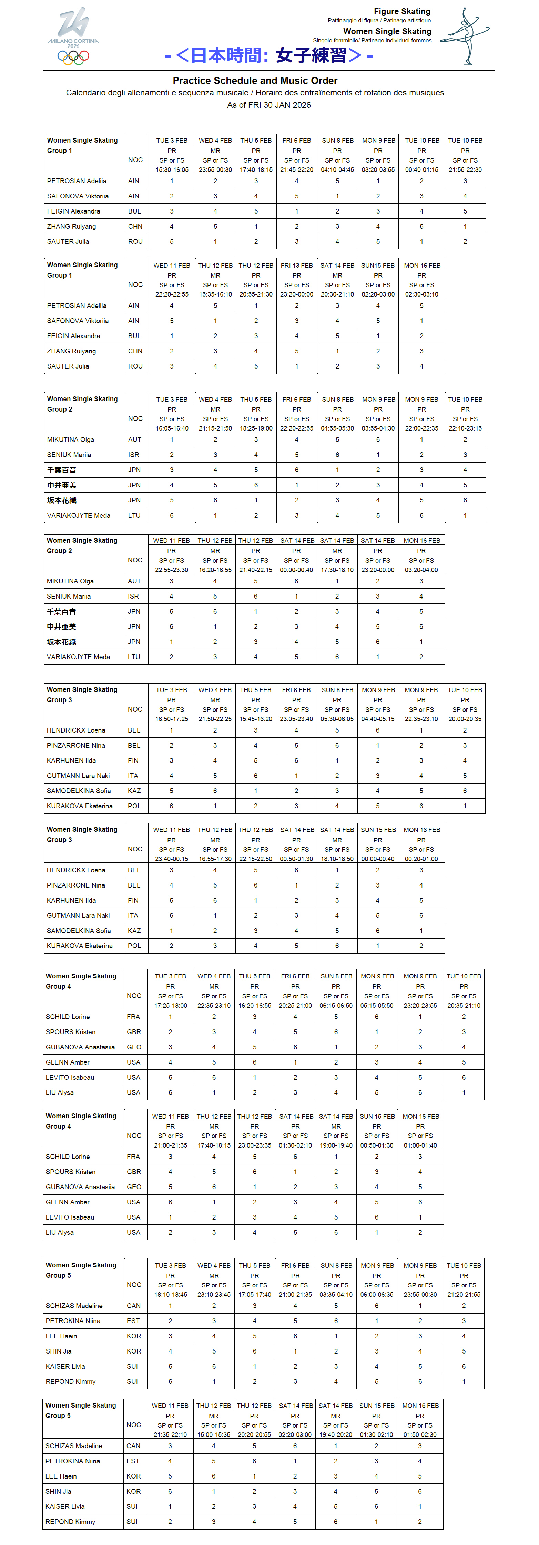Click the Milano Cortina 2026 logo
click(x=73, y=27)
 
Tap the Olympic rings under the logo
click(x=73, y=57)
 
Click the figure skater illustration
click(x=466, y=36)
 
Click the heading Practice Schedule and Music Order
click(x=255, y=80)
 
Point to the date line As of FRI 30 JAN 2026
click(x=269, y=105)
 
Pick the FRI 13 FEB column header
click(x=296, y=265)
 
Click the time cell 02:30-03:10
click(x=421, y=294)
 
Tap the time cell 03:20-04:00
click(x=421, y=570)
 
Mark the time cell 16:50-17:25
click(x=172, y=718)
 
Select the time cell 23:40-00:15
click(x=172, y=859)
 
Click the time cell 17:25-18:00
click(x=171, y=1005)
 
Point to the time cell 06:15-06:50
click(x=336, y=1005)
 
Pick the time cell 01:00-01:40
click(x=420, y=1145)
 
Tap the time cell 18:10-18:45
click(x=171, y=1294)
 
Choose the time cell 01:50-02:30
click(x=420, y=1435)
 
